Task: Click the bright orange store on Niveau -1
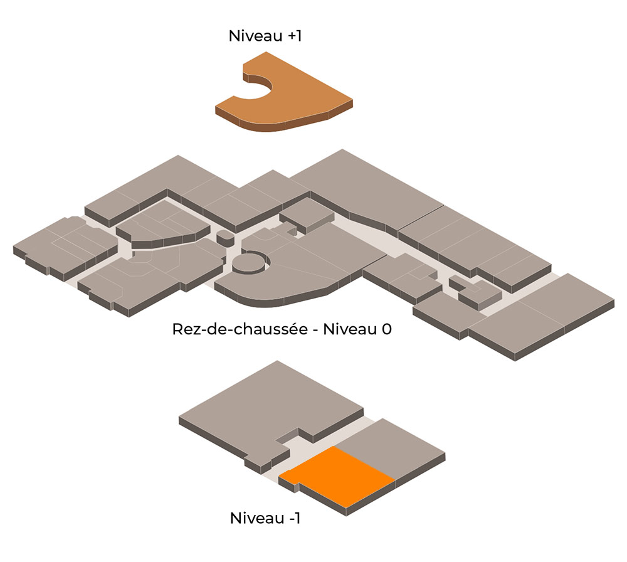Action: click(337, 478)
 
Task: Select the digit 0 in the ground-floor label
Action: click(387, 329)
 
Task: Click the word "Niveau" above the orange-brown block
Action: click(256, 36)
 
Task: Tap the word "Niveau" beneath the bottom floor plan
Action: click(257, 518)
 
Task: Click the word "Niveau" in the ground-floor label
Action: click(350, 329)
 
